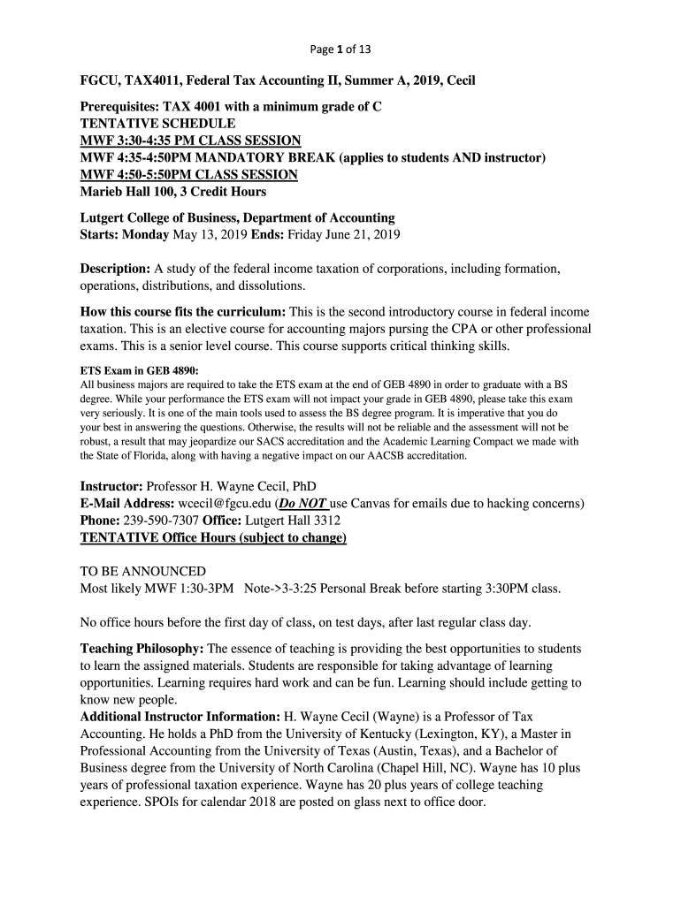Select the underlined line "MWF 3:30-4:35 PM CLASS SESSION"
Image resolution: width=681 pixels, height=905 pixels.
click(190, 141)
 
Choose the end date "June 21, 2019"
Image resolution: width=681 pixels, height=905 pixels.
click(363, 234)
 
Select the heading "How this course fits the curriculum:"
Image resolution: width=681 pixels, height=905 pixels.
click(182, 312)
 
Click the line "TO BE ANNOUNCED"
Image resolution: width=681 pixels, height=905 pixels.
click(142, 571)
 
